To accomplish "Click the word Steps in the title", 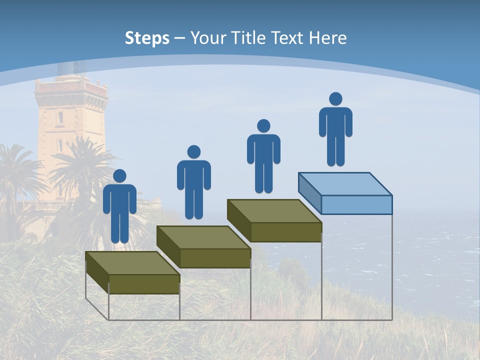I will pyautogui.click(x=147, y=38).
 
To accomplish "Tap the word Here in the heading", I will pyautogui.click(x=327, y=38).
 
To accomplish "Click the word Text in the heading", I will pyautogui.click(x=288, y=38).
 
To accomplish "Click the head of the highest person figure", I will pyautogui.click(x=335, y=99).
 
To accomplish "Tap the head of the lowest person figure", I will pyautogui.click(x=120, y=176).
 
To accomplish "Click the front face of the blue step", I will pyautogui.click(x=356, y=204).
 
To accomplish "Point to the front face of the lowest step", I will pyautogui.click(x=144, y=284).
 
